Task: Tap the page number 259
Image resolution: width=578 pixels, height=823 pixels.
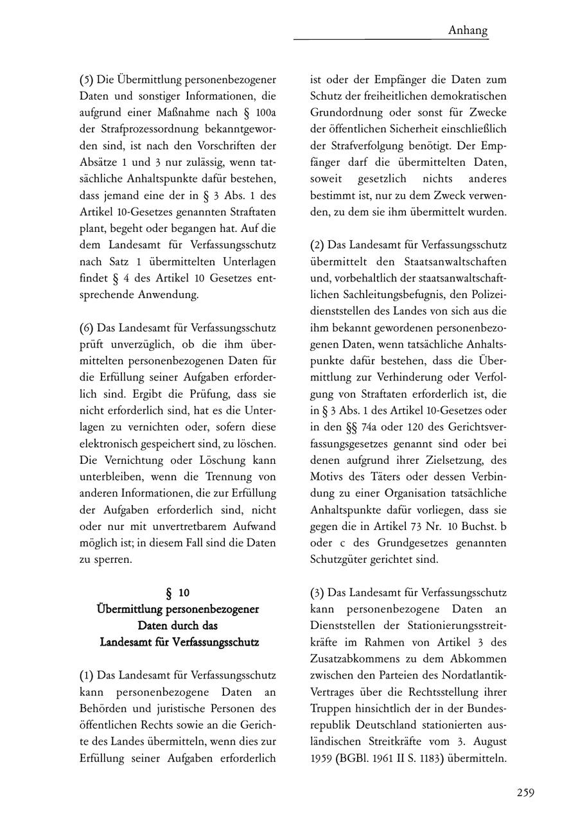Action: coord(525,792)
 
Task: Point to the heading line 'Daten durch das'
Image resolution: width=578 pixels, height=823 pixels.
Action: coord(178,625)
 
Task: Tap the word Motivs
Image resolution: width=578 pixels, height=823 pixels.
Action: coord(328,477)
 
